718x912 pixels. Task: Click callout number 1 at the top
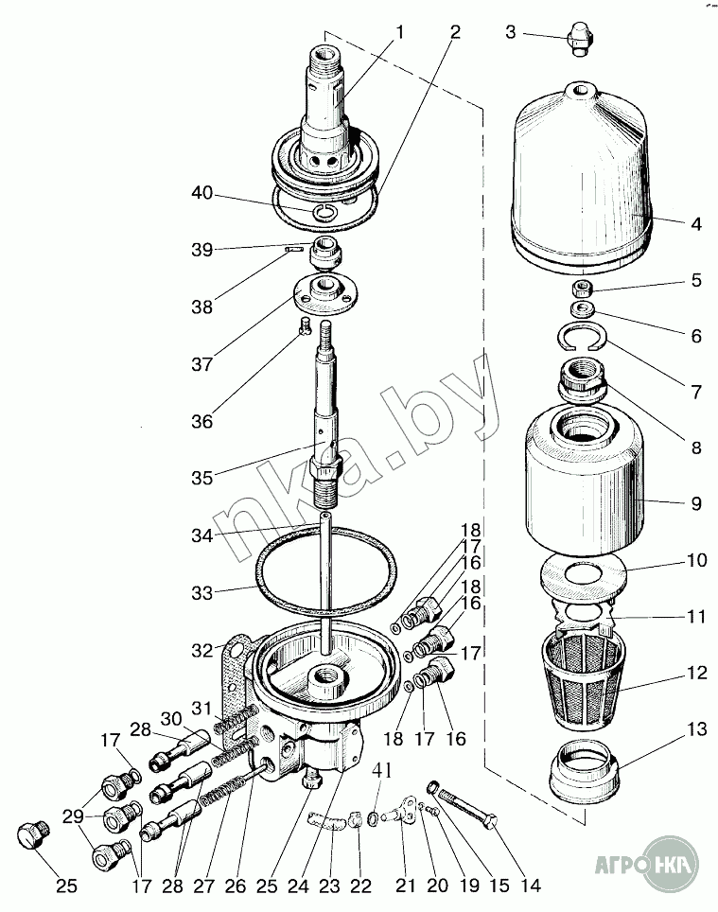pyautogui.click(x=399, y=32)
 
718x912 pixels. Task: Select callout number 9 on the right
pyautogui.click(x=695, y=504)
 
